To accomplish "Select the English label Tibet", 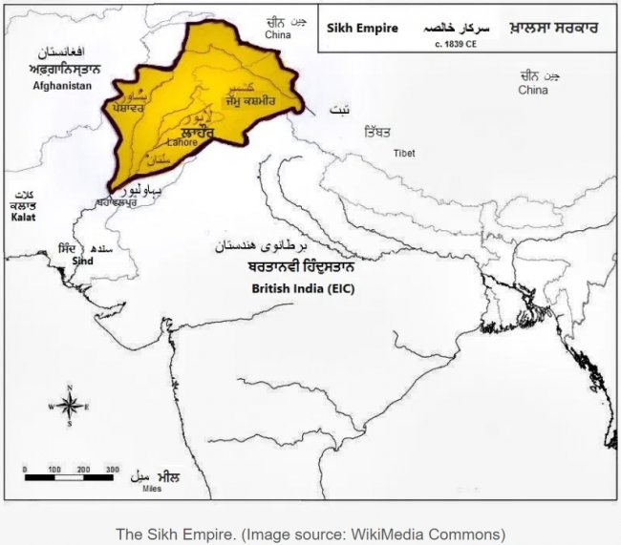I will (x=403, y=153).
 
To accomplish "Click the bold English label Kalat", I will (x=22, y=218).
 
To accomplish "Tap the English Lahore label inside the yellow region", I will (x=182, y=142).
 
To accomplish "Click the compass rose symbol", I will (x=70, y=405).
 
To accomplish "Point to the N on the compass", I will (x=70, y=387).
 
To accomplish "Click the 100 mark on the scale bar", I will (x=54, y=470).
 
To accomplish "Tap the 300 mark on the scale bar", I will (x=113, y=470).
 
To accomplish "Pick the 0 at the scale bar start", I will (x=25, y=470).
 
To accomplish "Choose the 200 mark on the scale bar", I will (x=83, y=470).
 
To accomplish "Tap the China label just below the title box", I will (x=533, y=90).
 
